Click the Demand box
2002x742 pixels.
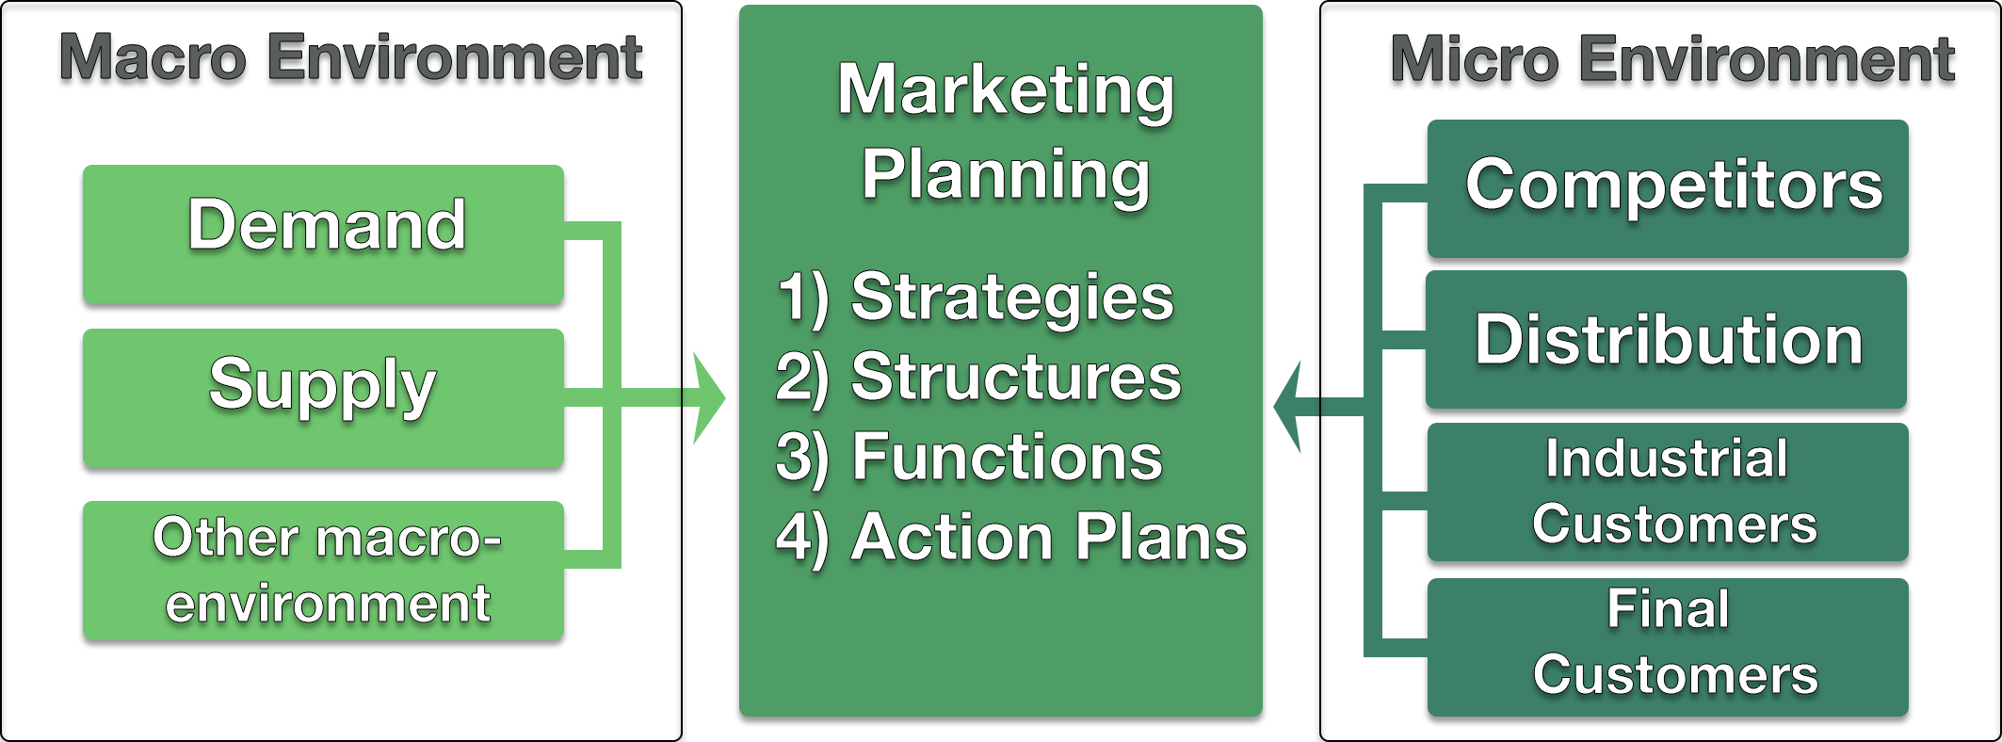pos(323,234)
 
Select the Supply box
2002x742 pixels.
pos(323,397)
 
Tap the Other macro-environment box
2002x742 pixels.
pos(323,571)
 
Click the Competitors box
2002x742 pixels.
pos(1668,188)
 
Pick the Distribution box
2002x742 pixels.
pos(1667,339)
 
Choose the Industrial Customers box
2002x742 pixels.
pos(1668,492)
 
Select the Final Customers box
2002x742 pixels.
pos(1668,647)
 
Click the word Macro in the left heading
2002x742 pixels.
pos(153,58)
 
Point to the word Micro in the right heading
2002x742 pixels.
pos(1475,60)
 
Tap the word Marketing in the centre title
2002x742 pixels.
pos(1006,93)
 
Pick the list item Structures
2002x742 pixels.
pos(1016,379)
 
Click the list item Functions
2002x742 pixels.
pos(1008,459)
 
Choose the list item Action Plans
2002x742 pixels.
pos(1049,538)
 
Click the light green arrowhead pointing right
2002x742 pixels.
pos(708,398)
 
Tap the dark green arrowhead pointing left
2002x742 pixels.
pos(1288,407)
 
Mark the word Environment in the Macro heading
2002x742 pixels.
pos(455,58)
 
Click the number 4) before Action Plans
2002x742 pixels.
pos(803,540)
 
